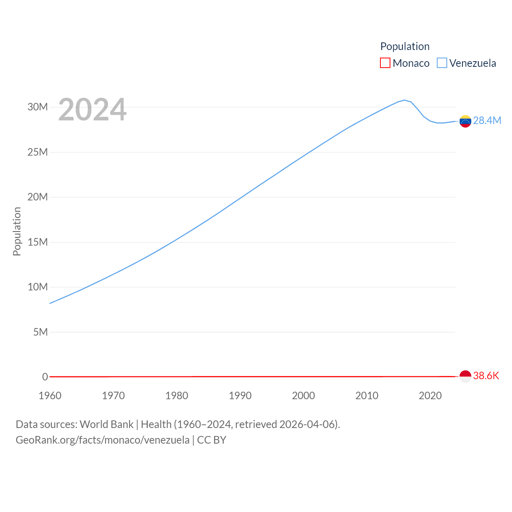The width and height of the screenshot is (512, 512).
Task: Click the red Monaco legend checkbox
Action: point(385,63)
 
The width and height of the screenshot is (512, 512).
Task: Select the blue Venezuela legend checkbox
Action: point(442,63)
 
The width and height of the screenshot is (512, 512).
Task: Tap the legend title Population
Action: point(405,46)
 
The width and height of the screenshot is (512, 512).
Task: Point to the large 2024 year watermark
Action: point(92,110)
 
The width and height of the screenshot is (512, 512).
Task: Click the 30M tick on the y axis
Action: point(38,107)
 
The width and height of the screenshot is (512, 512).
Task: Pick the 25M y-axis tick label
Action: point(38,152)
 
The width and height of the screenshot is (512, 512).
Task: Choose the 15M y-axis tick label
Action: point(38,242)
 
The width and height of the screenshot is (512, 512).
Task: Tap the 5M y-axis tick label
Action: point(40,332)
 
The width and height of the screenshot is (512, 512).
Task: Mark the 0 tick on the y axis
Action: point(45,377)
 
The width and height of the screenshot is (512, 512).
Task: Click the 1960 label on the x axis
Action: point(50,396)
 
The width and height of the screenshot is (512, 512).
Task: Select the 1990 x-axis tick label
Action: point(240,396)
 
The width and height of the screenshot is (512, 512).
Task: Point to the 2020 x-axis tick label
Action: point(430,396)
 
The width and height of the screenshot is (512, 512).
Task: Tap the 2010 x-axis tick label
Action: point(367,396)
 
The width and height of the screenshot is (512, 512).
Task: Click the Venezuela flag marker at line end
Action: point(465,121)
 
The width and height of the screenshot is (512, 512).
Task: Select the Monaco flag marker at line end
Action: point(465,376)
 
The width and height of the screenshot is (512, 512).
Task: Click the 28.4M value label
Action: point(487,120)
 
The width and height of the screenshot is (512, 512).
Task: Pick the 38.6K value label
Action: point(486,376)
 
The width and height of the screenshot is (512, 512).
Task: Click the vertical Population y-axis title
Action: point(17,231)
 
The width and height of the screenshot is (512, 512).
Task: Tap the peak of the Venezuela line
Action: point(404,100)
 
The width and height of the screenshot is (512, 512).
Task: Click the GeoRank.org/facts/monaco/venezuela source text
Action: point(102,440)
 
